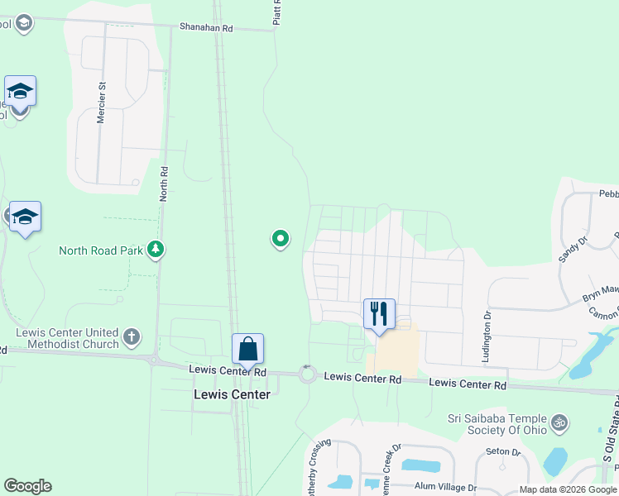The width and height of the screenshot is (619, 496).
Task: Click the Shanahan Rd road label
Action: [x=207, y=27]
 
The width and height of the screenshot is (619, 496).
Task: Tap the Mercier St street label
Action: [x=103, y=103]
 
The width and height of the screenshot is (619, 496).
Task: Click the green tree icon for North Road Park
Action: [x=155, y=249]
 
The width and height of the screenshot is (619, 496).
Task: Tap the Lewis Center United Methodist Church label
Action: [x=68, y=338]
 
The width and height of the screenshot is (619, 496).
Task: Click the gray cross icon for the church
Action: [x=131, y=336]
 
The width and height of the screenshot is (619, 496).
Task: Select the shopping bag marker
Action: [x=248, y=350]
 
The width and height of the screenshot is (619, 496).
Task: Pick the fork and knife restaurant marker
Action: [x=379, y=314]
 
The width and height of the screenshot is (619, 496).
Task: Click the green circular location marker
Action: [x=281, y=239]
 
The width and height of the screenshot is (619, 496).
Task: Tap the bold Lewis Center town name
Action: [x=232, y=394]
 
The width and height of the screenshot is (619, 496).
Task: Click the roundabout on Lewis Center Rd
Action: [x=308, y=374]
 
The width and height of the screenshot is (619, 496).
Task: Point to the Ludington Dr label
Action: [x=486, y=336]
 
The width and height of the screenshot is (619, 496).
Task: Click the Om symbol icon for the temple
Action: [x=560, y=423]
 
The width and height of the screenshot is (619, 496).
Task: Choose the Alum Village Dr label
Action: [x=447, y=488]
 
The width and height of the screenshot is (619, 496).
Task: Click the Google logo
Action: [x=27, y=486]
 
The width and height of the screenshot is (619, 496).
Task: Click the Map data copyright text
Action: [x=568, y=489]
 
